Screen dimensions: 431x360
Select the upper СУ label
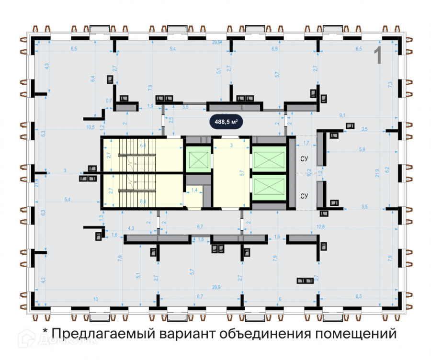point(303,158)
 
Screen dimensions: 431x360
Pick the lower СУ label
point(303,196)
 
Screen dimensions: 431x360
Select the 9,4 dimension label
point(173,49)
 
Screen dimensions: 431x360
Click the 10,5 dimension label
point(90,127)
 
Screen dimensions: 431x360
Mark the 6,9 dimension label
point(274,49)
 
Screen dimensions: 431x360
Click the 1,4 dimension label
point(194,191)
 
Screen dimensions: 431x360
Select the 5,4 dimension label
point(67,199)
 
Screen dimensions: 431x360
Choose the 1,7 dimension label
point(306,142)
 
